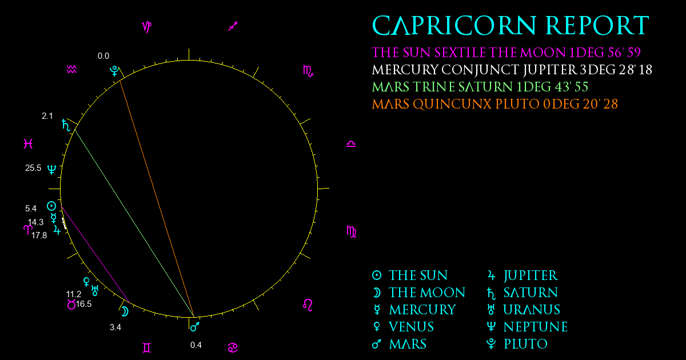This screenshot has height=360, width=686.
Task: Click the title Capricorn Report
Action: click(510, 25)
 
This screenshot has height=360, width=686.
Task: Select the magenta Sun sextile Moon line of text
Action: click(506, 53)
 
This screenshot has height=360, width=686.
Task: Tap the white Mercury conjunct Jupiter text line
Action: click(512, 70)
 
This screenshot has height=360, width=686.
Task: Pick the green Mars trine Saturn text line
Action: click(480, 87)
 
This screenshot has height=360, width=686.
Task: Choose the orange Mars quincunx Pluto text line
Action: click(494, 104)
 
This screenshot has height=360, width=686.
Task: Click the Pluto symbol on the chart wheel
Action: click(114, 71)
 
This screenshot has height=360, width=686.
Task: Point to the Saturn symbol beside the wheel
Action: click(66, 125)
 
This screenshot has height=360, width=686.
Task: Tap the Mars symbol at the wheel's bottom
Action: click(195, 327)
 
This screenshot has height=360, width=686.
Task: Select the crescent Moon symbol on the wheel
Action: click(125, 311)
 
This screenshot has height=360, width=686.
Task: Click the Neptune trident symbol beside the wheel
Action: click(52, 169)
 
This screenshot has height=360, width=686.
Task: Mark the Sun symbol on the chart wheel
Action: click(51, 206)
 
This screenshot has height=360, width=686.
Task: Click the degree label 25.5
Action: click(33, 168)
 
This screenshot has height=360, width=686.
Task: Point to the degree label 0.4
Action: click(196, 345)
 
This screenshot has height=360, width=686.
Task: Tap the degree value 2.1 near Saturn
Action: click(47, 116)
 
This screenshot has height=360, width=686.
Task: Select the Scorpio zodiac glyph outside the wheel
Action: click(308, 71)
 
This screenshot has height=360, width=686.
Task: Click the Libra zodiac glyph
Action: click(351, 144)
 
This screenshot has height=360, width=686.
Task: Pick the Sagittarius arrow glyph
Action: click(233, 26)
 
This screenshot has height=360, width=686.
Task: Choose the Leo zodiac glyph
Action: click(308, 305)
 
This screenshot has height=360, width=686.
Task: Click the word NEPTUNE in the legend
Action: click(536, 327)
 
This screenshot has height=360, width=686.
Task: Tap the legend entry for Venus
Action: click(403, 327)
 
